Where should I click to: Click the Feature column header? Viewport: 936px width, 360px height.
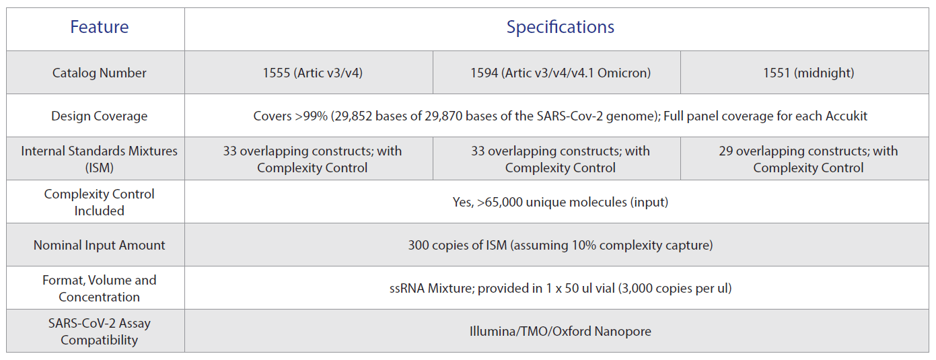coord(100,27)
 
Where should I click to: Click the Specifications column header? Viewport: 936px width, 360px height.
coord(561,27)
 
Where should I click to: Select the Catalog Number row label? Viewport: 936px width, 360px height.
coord(100,73)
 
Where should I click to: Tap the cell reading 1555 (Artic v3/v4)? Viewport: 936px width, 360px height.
coord(312,73)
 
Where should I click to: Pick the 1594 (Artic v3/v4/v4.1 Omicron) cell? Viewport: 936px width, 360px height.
coord(561,73)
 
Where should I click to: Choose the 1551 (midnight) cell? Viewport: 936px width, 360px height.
coord(809,73)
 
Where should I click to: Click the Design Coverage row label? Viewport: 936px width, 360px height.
coord(100,116)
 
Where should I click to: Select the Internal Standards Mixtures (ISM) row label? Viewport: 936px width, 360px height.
coord(100,159)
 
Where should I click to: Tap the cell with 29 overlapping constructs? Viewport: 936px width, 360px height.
coord(809,159)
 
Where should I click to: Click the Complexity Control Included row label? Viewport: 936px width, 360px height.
coord(100,202)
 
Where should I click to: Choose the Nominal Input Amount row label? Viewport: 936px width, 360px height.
coord(100,245)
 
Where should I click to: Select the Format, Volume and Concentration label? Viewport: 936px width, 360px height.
coord(100,288)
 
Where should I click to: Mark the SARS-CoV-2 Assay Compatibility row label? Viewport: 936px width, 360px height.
coord(100,332)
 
